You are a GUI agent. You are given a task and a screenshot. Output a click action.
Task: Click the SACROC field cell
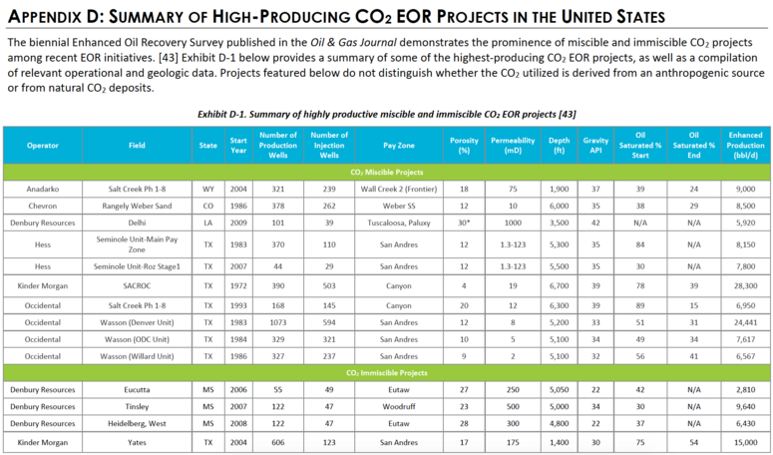[x=137, y=286]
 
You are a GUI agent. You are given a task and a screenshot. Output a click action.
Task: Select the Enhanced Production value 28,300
[x=745, y=286]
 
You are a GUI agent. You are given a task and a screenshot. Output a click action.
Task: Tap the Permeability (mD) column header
[x=513, y=146]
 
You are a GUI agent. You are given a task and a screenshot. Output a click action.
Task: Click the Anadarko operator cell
[x=43, y=189]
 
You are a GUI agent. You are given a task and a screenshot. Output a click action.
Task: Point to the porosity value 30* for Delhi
[x=464, y=223]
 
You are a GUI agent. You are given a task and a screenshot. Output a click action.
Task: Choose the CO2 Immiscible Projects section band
[x=387, y=373]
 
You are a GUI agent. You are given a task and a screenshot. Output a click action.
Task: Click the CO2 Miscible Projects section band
[x=387, y=172]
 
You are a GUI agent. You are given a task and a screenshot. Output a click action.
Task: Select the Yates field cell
[x=137, y=443]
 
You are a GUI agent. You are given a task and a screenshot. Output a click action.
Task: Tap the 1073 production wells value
[x=278, y=322]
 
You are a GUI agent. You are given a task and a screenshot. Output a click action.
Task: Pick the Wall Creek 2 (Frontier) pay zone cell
[x=398, y=189]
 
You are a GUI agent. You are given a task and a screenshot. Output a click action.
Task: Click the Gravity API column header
[x=595, y=146]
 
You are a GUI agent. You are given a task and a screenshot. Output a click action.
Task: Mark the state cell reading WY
[x=208, y=189]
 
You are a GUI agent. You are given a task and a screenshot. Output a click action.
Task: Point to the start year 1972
[x=238, y=286]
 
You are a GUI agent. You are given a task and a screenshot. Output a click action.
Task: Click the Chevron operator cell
[x=43, y=207]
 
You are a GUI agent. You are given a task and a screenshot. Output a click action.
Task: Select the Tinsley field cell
[x=137, y=407]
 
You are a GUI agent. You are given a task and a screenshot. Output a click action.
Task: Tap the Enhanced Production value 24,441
[x=745, y=322]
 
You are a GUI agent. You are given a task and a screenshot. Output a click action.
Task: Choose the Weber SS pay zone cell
[x=398, y=207]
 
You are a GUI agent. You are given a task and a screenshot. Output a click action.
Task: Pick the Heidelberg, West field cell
[x=137, y=423]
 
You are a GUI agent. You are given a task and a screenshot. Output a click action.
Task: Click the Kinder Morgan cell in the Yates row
[x=43, y=443]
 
